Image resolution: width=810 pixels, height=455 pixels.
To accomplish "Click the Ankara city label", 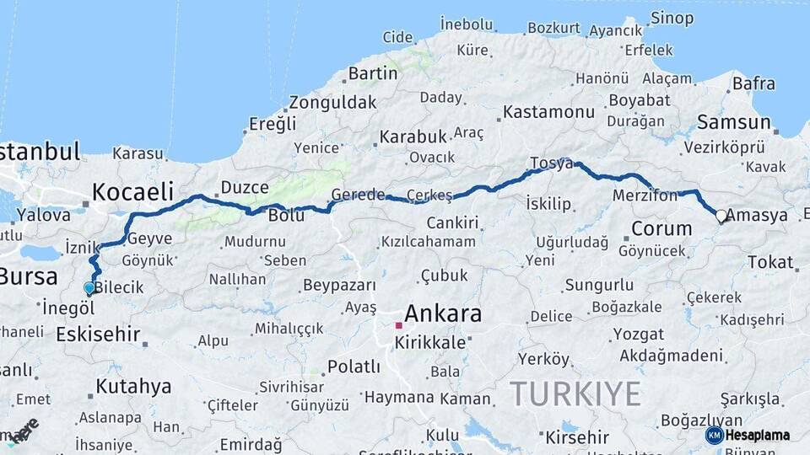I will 443,314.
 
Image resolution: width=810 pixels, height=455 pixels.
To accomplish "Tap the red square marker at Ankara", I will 398,324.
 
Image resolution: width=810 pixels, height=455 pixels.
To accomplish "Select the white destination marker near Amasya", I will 721,216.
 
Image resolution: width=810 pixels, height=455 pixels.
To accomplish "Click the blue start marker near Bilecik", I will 89,288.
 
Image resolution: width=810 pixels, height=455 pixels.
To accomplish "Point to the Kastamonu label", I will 548,112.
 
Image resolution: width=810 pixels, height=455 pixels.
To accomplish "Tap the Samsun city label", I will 734,123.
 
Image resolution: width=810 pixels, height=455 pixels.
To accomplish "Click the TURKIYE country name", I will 575,393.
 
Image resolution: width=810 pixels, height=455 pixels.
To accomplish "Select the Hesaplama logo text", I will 758,436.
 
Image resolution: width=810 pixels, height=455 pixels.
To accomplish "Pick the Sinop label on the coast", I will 672,18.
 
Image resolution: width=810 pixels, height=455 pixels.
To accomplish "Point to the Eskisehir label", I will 98,335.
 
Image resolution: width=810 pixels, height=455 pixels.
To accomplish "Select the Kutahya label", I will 133,387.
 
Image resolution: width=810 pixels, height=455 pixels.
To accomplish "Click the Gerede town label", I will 358,195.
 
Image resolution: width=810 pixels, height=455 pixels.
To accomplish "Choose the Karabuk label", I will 413,136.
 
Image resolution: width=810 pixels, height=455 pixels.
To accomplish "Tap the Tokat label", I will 769,262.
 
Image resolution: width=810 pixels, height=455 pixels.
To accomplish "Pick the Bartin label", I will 372,73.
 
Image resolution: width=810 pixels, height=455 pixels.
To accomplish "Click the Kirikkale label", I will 435,343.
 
